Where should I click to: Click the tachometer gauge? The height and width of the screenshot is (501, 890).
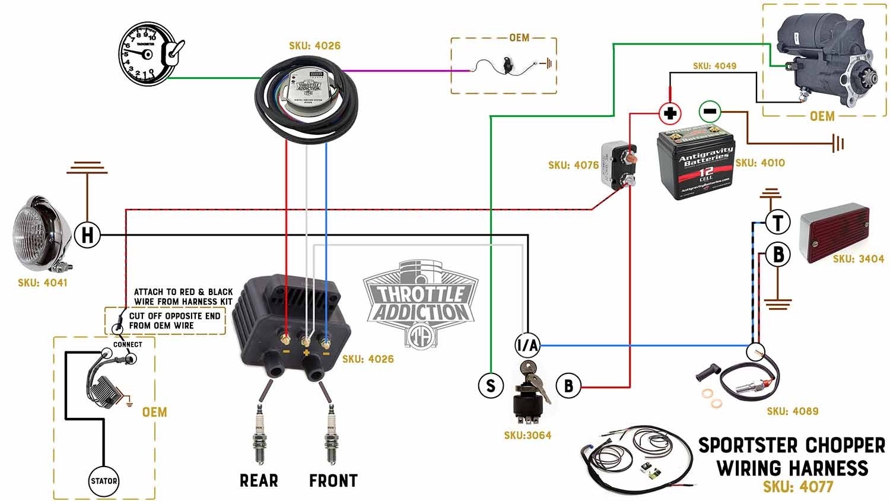(x=142, y=55)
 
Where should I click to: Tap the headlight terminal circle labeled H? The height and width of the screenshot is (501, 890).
(x=87, y=235)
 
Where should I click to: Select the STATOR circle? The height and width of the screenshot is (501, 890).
(x=104, y=481)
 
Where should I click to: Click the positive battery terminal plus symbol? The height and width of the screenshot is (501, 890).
(x=670, y=113)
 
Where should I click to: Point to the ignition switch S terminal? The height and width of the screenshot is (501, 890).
(x=491, y=386)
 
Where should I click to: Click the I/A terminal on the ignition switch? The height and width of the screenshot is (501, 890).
(x=527, y=345)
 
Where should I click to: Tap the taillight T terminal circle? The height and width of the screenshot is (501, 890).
(x=777, y=223)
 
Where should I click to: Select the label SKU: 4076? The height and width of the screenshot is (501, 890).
(x=573, y=165)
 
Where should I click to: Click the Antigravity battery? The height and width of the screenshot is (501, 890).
(x=695, y=163)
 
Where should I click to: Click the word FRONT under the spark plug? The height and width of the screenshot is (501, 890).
(x=333, y=480)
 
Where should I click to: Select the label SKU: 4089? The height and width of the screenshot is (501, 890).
(x=792, y=411)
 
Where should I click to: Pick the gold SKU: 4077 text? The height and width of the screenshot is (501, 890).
(x=798, y=487)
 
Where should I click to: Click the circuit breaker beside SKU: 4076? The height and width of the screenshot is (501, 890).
(x=619, y=164)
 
